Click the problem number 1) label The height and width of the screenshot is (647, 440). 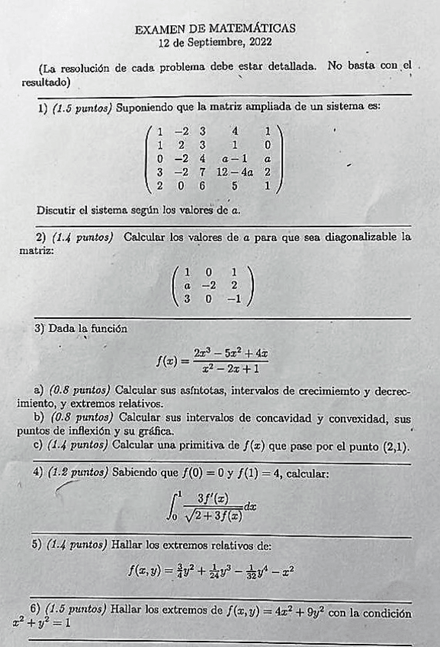click(x=43, y=108)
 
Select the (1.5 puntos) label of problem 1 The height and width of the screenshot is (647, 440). click(x=82, y=108)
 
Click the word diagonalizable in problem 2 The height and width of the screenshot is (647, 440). click(x=358, y=237)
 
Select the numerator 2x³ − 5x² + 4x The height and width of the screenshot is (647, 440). click(x=230, y=353)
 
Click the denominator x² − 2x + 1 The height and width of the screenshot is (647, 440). click(x=230, y=369)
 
